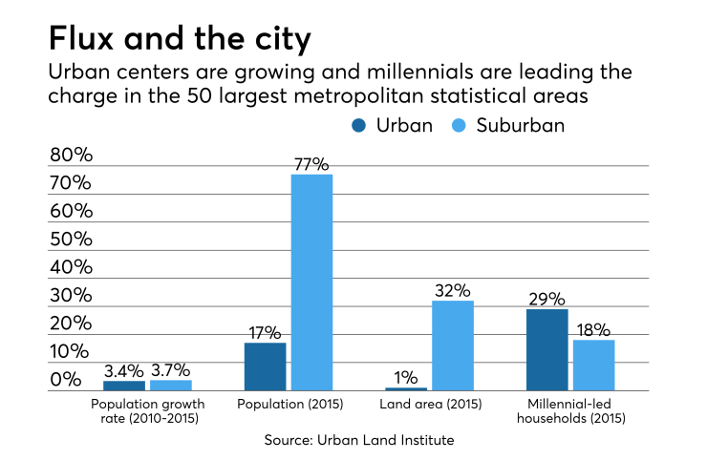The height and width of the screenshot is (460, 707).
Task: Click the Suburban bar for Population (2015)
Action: [311, 282]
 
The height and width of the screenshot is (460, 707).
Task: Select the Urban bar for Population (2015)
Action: [265, 366]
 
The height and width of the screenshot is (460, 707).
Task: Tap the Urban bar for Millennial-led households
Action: [546, 349]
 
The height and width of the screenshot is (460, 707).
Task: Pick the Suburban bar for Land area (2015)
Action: [453, 345]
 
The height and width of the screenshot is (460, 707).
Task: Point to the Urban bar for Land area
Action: [406, 388]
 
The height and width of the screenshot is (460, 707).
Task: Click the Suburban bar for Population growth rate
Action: [171, 385]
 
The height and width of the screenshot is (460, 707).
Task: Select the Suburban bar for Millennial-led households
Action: [593, 365]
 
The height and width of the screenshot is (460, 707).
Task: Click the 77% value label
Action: [311, 164]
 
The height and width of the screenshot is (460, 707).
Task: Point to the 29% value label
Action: [546, 299]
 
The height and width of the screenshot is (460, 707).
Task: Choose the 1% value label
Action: [406, 377]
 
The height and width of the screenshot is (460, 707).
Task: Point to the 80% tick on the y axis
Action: [71, 156]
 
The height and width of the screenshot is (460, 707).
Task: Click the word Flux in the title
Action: [88, 39]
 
